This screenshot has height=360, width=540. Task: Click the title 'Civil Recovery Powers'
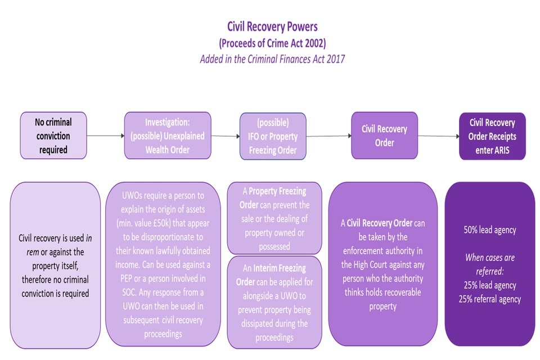coord(272,26)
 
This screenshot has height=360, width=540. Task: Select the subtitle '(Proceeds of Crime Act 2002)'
coord(272,42)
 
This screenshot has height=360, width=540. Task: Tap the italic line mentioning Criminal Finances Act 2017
coord(272,58)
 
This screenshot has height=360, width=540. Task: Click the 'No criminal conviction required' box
coord(53,136)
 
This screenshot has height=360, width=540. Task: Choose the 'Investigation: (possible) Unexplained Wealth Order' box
coord(168,136)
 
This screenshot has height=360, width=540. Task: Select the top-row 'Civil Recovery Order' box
coord(384,136)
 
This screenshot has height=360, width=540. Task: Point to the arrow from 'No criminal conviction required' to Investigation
coord(105,136)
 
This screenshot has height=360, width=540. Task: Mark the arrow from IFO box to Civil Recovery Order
coord(329,136)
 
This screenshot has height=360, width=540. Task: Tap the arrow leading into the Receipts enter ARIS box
coord(437,136)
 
